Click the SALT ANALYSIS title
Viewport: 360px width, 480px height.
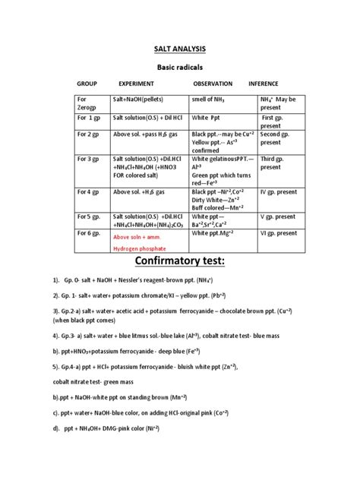click(180, 50)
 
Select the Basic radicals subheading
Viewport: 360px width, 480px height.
click(180, 68)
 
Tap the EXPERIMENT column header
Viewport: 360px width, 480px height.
click(137, 83)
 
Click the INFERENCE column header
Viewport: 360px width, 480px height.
click(264, 83)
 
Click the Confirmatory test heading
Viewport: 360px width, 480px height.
click(179, 264)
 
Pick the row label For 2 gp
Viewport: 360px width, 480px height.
click(90, 133)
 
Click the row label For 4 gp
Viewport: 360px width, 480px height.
click(90, 191)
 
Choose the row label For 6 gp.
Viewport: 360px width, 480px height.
click(90, 234)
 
